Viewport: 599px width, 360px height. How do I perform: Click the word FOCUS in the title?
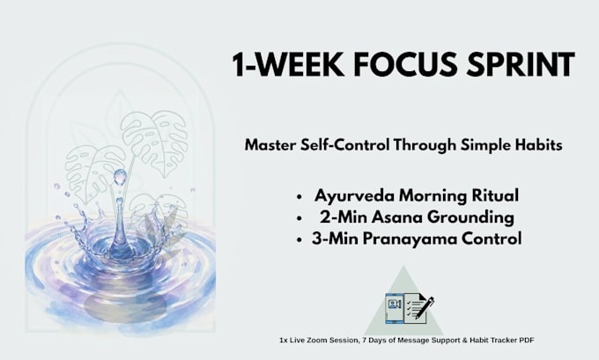click(405, 64)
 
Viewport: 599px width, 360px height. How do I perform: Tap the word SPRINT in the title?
click(521, 64)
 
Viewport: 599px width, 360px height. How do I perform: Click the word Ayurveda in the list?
click(354, 195)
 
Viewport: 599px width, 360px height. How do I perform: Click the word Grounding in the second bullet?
click(470, 217)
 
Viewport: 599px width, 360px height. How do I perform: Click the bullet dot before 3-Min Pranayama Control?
click(299, 240)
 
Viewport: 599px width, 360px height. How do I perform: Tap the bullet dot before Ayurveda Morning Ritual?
click(299, 197)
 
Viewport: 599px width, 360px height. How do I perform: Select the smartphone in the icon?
click(395, 308)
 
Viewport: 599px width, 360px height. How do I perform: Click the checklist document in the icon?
click(415, 308)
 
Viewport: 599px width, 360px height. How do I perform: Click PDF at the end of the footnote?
click(527, 340)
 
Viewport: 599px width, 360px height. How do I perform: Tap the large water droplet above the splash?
click(120, 177)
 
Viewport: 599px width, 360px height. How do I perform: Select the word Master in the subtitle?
click(270, 145)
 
